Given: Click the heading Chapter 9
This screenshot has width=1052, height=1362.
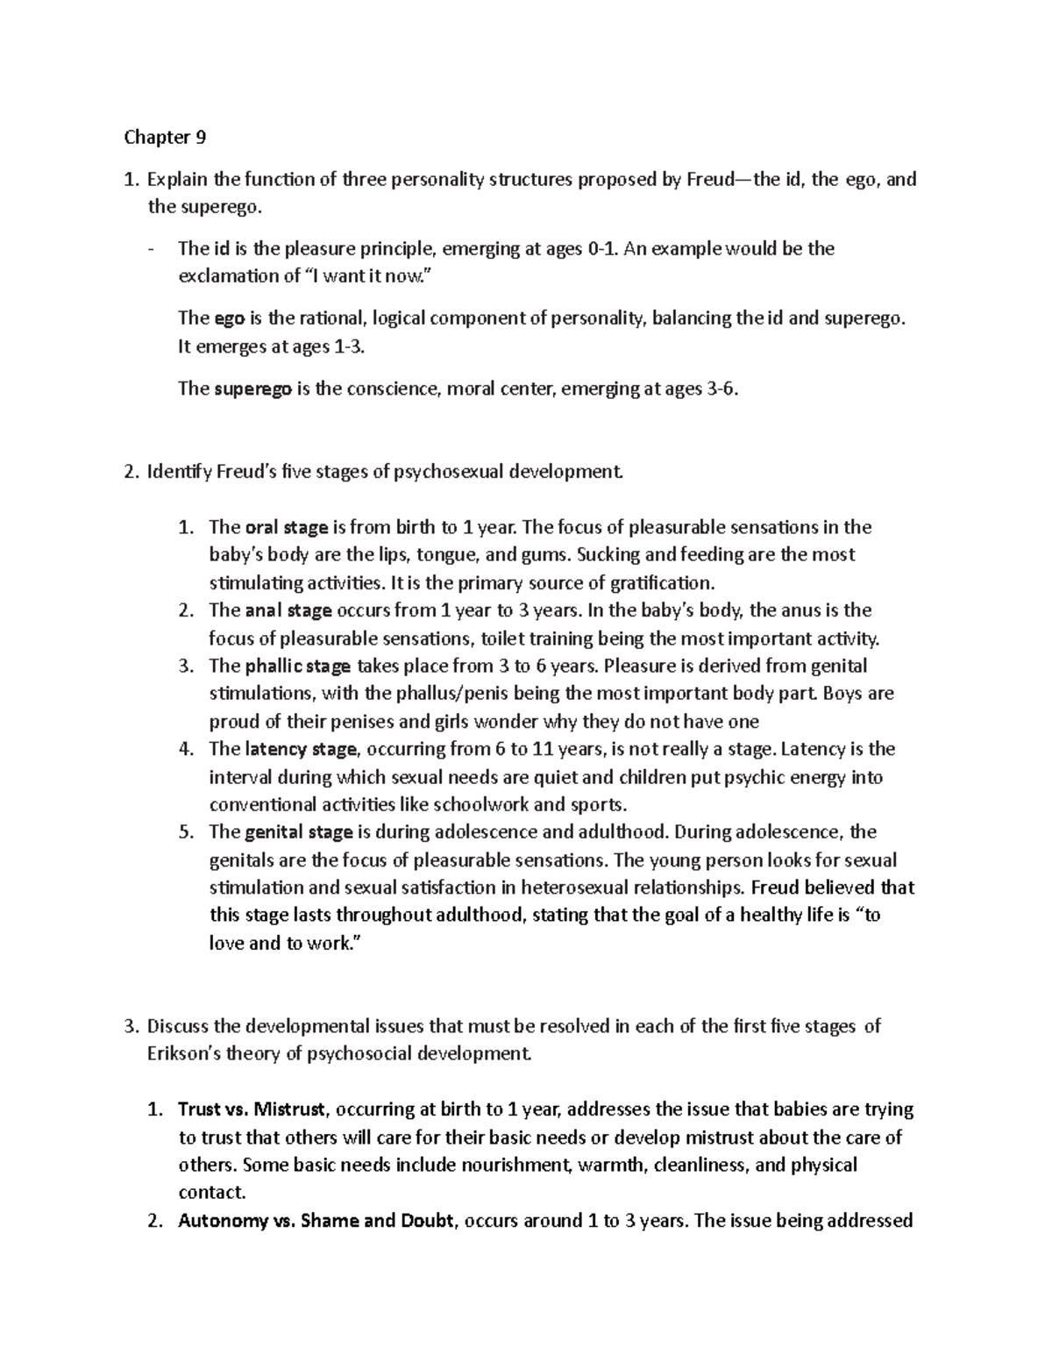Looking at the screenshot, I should (165, 137).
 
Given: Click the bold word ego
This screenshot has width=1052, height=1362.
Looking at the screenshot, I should (229, 317).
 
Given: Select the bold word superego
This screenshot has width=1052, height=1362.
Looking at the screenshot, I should (252, 389).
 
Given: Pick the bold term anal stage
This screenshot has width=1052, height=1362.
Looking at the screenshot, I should (288, 610).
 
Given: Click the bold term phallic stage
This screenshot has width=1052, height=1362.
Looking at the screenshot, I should (297, 666).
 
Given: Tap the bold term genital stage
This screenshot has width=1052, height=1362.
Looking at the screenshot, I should (299, 831).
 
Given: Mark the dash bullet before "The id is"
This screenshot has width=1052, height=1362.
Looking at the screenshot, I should (153, 249).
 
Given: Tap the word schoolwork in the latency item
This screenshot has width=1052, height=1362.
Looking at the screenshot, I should (487, 804).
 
